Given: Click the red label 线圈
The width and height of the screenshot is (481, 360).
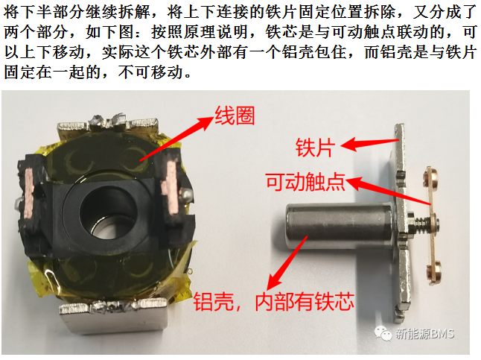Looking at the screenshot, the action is pyautogui.click(x=235, y=116).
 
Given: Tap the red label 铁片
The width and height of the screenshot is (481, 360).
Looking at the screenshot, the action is pyautogui.click(x=315, y=148).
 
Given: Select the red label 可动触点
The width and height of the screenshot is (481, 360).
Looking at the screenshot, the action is pyautogui.click(x=305, y=182).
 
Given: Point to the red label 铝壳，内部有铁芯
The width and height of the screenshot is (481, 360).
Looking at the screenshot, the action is pyautogui.click(x=274, y=301).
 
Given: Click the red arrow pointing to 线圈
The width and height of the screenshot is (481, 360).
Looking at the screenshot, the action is pyautogui.click(x=176, y=138).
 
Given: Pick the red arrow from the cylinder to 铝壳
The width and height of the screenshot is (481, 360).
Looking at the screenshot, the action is pyautogui.click(x=287, y=263).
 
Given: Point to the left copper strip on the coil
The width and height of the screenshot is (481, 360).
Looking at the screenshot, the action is pyautogui.click(x=29, y=192).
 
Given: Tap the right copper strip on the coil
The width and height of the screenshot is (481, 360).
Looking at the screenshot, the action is pyautogui.click(x=172, y=186).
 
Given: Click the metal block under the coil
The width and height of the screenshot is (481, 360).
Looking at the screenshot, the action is pyautogui.click(x=114, y=316).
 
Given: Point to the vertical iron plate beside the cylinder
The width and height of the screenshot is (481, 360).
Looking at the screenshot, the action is pyautogui.click(x=402, y=223).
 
